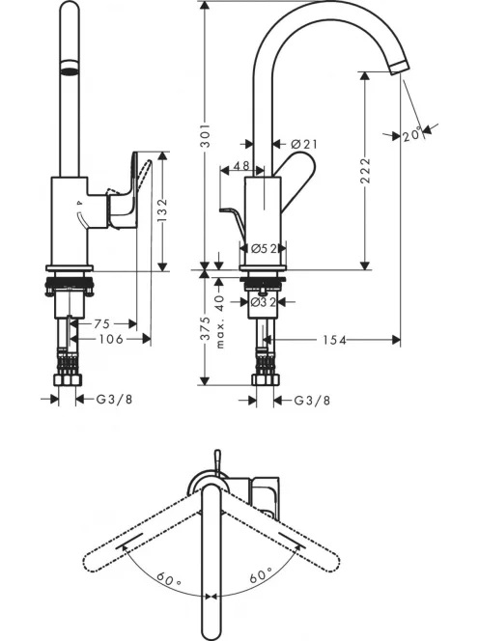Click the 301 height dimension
207,135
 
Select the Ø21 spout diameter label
304,144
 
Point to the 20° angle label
412,134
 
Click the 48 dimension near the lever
241,166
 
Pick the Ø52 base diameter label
264,248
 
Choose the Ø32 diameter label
264,302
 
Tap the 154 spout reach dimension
334,340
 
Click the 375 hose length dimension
207,328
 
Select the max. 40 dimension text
220,321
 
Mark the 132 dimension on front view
162,210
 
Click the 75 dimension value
102,323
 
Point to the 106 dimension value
111,339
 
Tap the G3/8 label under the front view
115,399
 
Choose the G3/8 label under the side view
312,401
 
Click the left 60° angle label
169,577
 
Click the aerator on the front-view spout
70,68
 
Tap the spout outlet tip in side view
399,68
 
